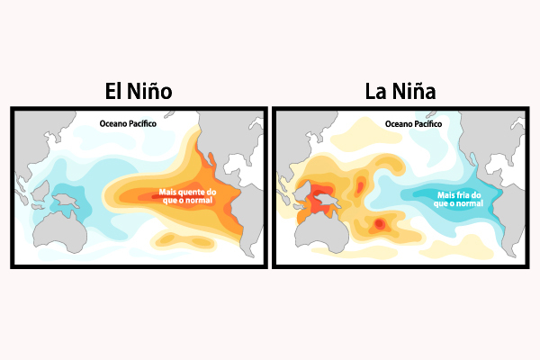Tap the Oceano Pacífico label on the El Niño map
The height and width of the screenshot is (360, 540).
(x=127, y=122)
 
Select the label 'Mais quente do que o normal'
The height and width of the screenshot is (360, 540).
(x=187, y=195)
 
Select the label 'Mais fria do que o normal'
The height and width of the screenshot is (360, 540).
(x=459, y=198)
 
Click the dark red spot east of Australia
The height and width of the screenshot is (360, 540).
(x=380, y=222)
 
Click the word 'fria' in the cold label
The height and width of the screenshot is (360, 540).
(x=458, y=193)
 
